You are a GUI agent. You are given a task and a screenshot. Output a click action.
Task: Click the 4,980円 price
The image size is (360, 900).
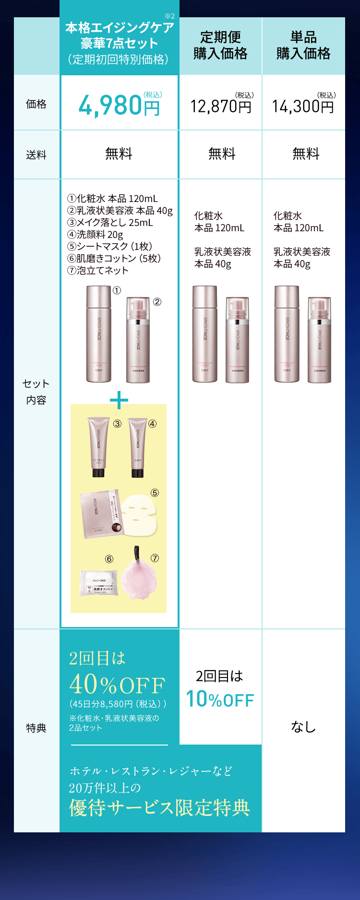119,105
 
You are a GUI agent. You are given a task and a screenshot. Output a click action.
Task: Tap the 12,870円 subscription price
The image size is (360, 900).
221,106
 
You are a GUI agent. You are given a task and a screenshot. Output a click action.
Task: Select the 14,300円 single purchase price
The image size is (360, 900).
303,106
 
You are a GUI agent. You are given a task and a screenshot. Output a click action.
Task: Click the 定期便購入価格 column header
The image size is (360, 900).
221,46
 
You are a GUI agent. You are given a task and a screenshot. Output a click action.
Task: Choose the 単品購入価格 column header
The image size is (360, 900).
303,46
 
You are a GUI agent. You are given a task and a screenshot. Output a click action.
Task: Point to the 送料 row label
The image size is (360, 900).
36,155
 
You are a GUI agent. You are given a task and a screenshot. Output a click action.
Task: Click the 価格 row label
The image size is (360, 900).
36,104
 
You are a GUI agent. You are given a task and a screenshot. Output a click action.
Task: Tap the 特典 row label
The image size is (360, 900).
36,728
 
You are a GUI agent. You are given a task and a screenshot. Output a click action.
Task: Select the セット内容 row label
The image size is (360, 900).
36,391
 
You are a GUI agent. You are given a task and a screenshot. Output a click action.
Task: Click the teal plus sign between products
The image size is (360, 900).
119,400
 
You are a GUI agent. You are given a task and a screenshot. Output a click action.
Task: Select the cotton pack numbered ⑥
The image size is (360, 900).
99,583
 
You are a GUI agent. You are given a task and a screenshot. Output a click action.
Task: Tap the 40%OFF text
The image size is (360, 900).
117,685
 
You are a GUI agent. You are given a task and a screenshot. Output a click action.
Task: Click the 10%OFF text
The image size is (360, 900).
220,699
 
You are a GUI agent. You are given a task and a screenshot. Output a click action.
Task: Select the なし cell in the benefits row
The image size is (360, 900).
303,727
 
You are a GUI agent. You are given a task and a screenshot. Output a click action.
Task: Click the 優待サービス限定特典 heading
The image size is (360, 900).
159,807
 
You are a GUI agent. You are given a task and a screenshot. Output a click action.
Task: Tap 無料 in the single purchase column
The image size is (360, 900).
306,154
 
